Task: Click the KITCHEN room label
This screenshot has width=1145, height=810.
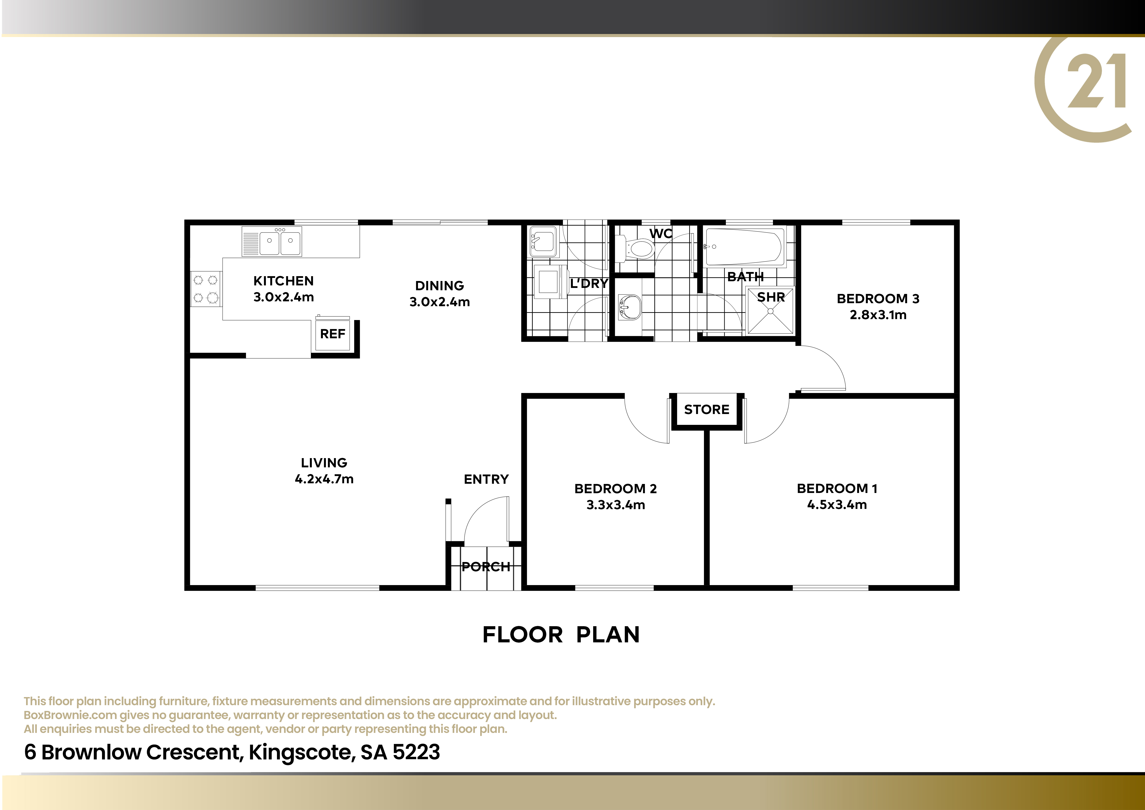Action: coord(283,281)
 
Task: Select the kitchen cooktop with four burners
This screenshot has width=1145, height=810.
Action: coord(206,289)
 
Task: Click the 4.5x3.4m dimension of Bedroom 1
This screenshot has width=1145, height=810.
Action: coord(837,505)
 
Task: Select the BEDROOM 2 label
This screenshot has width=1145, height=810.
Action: coord(615,489)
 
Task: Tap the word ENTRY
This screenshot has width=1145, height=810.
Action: coord(486,479)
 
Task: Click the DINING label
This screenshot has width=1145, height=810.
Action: coord(439,286)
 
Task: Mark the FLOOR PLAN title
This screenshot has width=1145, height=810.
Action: coord(561,635)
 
